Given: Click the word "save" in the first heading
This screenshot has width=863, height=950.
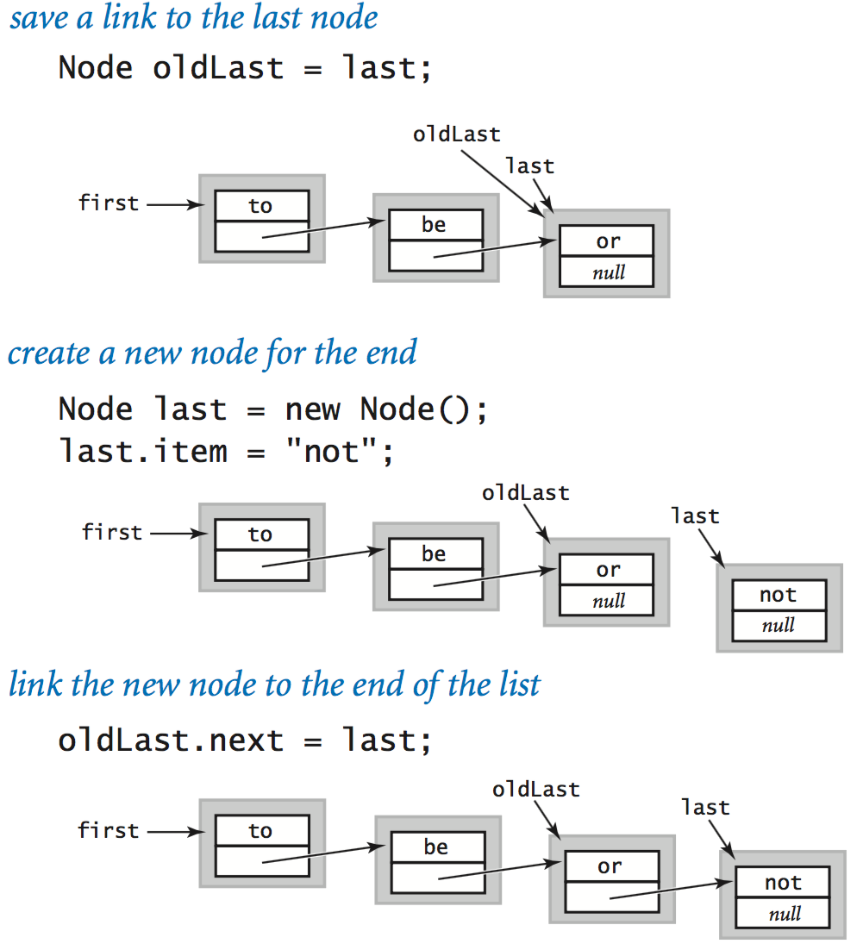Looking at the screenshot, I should (x=39, y=19).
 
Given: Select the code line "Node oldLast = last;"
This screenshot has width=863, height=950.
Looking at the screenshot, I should (x=244, y=67).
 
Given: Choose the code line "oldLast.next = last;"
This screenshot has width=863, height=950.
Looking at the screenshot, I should (x=244, y=740).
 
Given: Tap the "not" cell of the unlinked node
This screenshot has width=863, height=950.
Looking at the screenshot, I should (x=779, y=595).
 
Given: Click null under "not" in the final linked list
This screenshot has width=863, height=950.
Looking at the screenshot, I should (x=784, y=914).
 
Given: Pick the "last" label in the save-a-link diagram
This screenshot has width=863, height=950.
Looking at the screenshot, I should (x=529, y=166).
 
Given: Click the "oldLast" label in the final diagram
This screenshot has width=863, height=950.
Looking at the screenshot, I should (x=535, y=789).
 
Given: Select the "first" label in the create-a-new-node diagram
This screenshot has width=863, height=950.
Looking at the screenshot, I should (x=111, y=532).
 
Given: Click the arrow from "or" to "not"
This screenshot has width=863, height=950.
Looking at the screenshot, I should (x=672, y=890).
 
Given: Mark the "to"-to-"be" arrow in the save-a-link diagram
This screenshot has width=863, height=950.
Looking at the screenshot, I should (x=324, y=228).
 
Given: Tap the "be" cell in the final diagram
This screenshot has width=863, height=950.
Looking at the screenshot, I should (x=435, y=847).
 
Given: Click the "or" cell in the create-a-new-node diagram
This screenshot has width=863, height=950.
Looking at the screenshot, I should (x=607, y=570).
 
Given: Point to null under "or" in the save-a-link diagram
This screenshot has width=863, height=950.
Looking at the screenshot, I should (x=608, y=274).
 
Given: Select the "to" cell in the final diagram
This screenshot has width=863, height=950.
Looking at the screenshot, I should (x=260, y=831).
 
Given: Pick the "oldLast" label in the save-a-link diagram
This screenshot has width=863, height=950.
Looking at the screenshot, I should (x=456, y=134).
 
